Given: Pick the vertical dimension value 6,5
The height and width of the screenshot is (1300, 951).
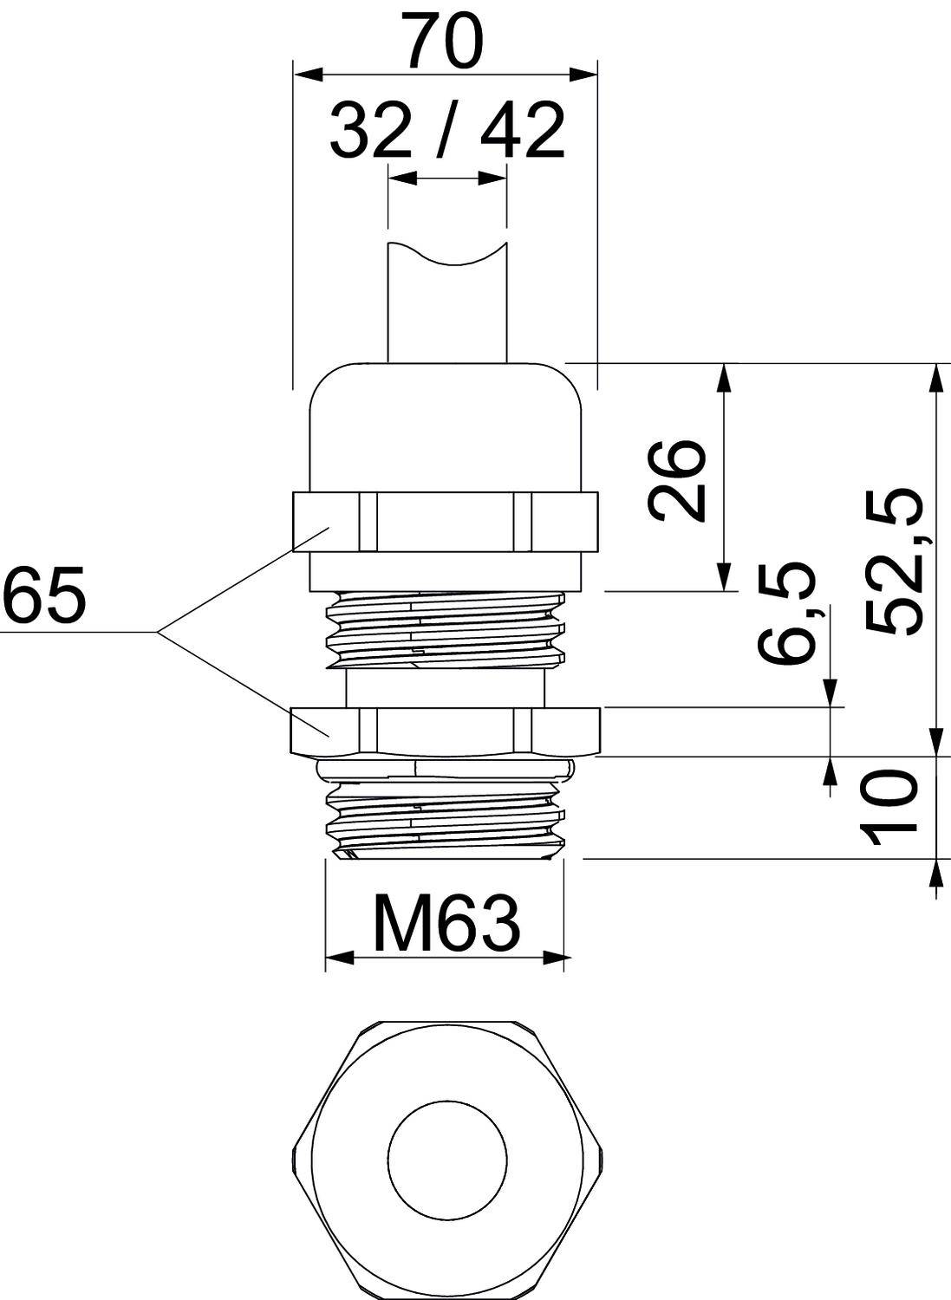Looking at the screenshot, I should (788, 613).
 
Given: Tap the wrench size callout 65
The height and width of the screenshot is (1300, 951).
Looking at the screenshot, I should (43, 596).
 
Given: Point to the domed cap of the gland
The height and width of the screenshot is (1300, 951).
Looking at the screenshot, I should (446, 425).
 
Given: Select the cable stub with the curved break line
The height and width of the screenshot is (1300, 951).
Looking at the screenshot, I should (446, 303).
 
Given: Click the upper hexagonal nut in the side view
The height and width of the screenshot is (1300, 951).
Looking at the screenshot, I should (446, 521).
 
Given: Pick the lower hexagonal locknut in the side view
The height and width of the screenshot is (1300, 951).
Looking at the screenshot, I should (446, 730).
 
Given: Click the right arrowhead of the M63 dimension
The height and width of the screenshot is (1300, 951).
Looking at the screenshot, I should (558, 958).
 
